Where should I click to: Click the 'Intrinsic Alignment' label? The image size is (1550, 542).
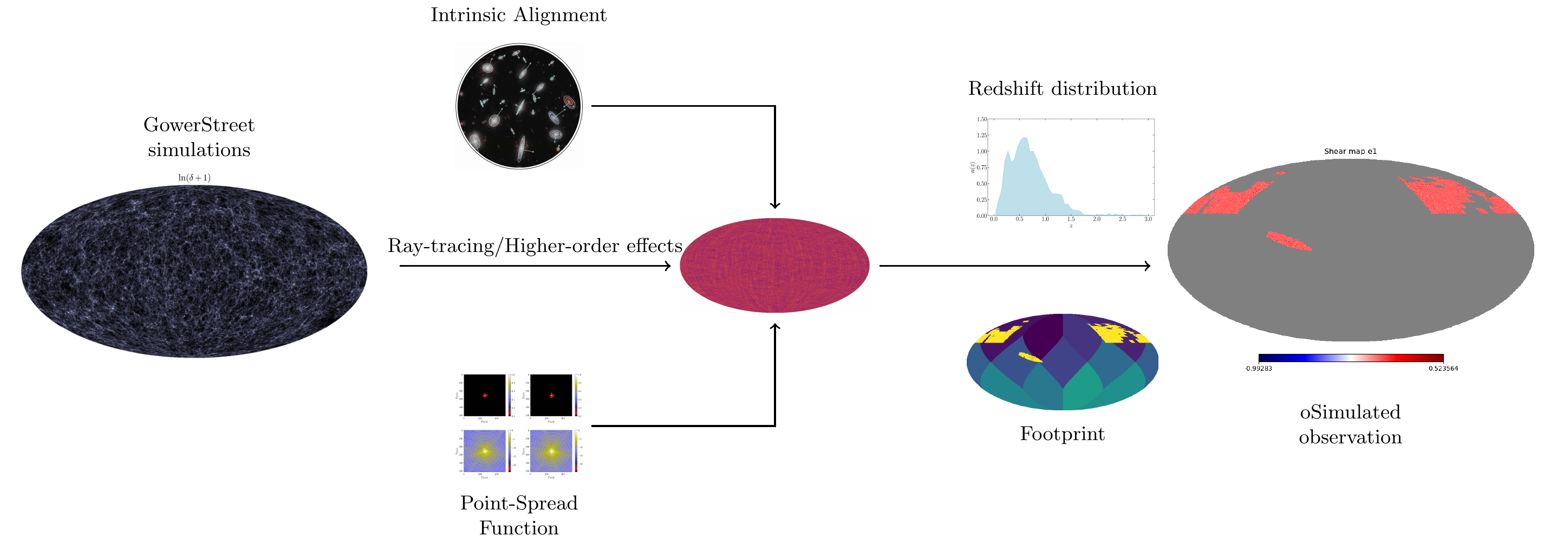(x=518, y=15)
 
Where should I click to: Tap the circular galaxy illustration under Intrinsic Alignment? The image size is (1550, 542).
(x=519, y=106)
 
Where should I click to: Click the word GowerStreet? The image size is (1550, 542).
(x=199, y=125)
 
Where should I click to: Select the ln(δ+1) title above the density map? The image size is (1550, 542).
(x=194, y=178)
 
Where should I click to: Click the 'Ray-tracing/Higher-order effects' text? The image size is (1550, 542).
(x=535, y=246)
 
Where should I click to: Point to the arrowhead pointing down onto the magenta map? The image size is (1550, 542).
(x=775, y=205)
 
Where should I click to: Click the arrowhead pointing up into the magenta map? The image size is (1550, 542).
(x=775, y=327)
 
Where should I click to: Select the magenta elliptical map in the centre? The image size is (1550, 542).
(x=774, y=265)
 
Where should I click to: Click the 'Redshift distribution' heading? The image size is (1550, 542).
(x=1062, y=88)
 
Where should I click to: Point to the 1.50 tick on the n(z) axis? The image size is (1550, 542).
(x=981, y=119)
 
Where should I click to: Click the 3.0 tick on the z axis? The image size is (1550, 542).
(x=1148, y=219)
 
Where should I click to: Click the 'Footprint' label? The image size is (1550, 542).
(x=1062, y=434)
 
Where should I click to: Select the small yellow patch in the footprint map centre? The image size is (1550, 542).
(x=1030, y=357)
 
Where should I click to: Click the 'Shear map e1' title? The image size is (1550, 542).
(x=1350, y=151)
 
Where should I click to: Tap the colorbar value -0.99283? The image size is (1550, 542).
(x=1258, y=369)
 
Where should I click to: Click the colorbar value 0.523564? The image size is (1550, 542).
(x=1443, y=369)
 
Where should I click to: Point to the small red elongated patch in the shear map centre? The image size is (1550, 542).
(x=1289, y=241)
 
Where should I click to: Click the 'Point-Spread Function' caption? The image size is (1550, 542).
(x=519, y=515)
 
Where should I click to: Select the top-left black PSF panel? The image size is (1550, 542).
(x=484, y=395)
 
